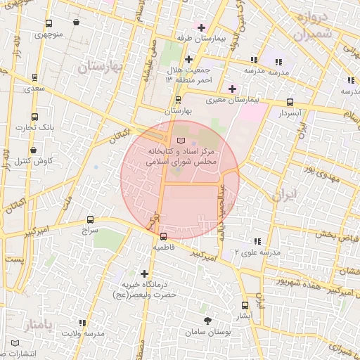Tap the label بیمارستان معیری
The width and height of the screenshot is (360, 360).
pyautogui.click(x=235, y=101)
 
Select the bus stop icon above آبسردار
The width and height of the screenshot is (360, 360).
pyautogui.click(x=290, y=102)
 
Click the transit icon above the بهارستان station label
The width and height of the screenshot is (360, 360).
pyautogui.click(x=178, y=100)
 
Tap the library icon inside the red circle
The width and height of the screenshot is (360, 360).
pyautogui.click(x=182, y=143)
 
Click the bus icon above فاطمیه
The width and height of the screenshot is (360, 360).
pyautogui.click(x=164, y=237)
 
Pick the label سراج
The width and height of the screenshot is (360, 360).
pyautogui.click(x=90, y=230)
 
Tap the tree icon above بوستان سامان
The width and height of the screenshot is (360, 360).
pyautogui.click(x=207, y=320)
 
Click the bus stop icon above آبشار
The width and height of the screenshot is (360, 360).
pyautogui.click(x=245, y=305)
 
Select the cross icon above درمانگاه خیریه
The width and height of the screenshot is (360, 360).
pyautogui.click(x=145, y=274)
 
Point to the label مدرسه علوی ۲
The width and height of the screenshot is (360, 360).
pyautogui.click(x=257, y=252)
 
